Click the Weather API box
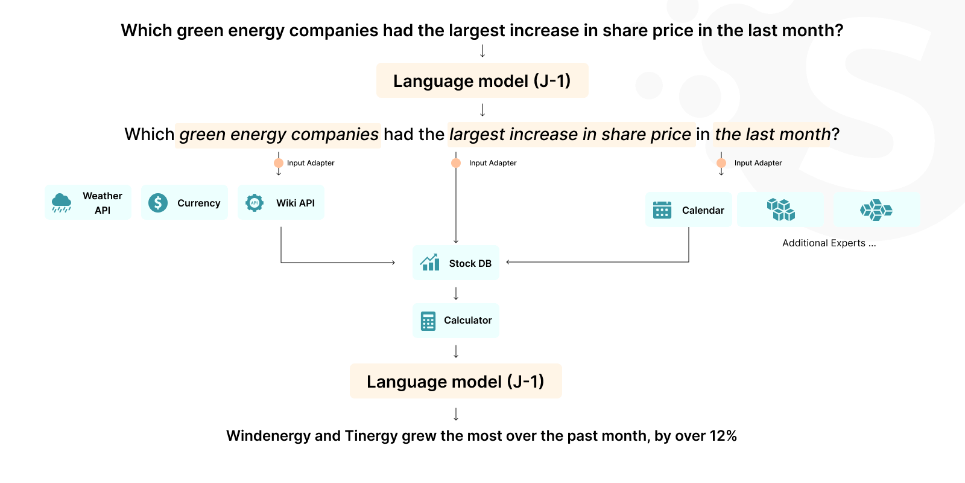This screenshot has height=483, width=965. click(x=88, y=203)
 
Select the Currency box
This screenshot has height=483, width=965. click(x=185, y=203)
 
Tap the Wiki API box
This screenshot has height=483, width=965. click(x=281, y=203)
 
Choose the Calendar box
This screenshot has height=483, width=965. click(x=689, y=210)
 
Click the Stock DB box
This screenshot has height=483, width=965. click(x=456, y=263)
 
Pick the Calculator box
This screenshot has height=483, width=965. click(x=456, y=321)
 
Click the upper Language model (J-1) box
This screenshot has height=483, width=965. click(x=482, y=81)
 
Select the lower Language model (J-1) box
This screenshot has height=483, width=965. click(x=456, y=382)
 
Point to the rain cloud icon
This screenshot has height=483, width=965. click(x=62, y=203)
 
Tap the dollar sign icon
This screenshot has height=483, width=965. click(x=158, y=203)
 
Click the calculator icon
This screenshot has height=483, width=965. click(x=428, y=321)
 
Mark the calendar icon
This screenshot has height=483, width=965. click(x=662, y=210)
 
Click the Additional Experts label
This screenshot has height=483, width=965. click(x=829, y=243)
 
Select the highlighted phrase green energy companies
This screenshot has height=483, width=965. click(x=279, y=135)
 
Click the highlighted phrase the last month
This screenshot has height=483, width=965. click(x=772, y=135)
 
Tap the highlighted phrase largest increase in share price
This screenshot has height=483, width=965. click(x=570, y=135)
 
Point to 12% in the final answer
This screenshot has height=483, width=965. click(x=723, y=436)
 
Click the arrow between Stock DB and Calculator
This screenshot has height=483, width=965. click(x=456, y=293)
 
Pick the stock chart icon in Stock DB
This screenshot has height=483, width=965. click(x=430, y=263)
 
